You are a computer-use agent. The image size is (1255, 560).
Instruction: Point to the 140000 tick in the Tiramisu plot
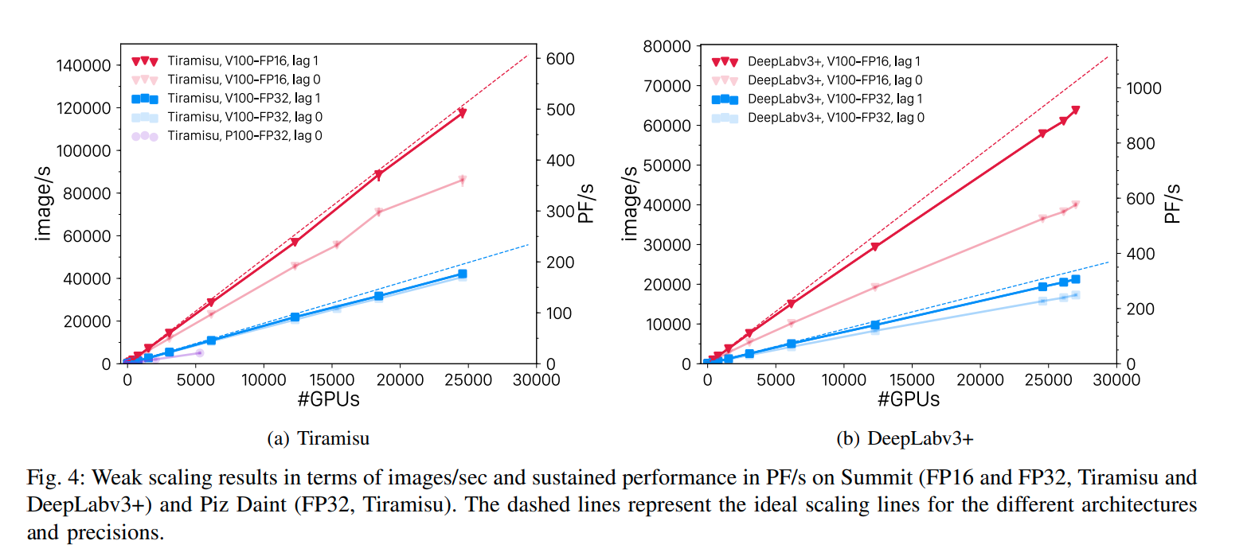(84, 66)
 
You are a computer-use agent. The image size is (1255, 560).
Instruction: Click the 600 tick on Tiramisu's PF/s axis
(560, 59)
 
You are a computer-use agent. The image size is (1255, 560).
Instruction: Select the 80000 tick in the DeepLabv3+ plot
(667, 47)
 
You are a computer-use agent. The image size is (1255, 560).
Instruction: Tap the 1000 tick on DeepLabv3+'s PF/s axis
(1144, 88)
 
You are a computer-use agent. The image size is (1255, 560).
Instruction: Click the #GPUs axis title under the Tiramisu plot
(329, 399)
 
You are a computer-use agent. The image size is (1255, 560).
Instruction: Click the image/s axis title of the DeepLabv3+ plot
(630, 204)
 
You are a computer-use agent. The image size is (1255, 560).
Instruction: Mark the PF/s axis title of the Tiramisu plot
(586, 204)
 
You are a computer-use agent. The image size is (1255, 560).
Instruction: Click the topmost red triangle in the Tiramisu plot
(462, 113)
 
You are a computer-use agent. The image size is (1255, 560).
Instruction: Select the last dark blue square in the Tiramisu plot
(463, 274)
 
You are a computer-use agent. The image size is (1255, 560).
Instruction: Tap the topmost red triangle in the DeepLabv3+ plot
(1075, 111)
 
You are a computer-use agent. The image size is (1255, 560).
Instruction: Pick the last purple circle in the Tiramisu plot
(199, 352)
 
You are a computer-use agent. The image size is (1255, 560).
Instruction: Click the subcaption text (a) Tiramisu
(318, 438)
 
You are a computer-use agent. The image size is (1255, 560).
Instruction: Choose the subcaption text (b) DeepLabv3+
(905, 438)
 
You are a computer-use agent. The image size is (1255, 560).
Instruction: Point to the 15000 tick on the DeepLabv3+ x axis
(912, 380)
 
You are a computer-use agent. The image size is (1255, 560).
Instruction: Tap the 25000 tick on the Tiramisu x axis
(468, 380)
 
